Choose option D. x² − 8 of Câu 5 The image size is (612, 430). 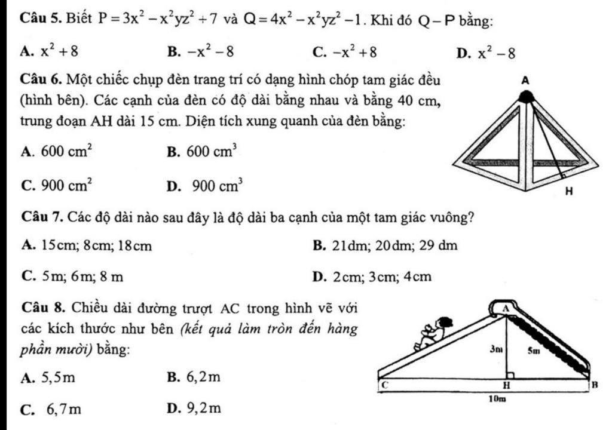(x=484, y=53)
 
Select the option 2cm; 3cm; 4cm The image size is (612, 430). (x=371, y=277)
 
